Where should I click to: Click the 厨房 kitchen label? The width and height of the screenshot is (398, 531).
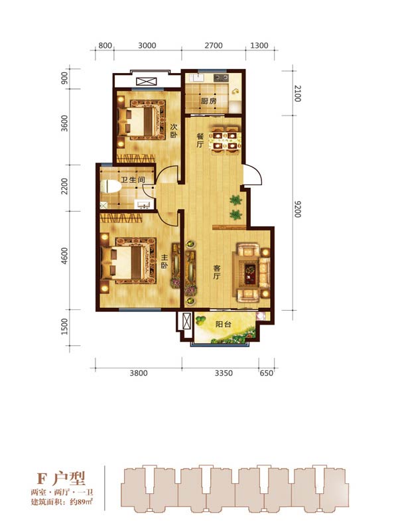pyautogui.click(x=208, y=101)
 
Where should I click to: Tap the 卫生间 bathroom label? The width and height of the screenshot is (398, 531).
pyautogui.click(x=133, y=179)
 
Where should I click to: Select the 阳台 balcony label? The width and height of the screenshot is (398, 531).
pyautogui.click(x=223, y=324)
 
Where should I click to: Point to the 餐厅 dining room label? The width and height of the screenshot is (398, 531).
pyautogui.click(x=200, y=141)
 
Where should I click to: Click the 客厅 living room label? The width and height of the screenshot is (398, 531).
pyautogui.click(x=217, y=272)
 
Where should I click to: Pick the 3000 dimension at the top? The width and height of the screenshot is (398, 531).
pyautogui.click(x=147, y=45)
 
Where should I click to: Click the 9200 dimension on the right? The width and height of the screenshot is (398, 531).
pyautogui.click(x=297, y=209)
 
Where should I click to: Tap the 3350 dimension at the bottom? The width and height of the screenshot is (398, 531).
pyautogui.click(x=224, y=373)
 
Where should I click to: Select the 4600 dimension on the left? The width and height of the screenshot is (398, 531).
pyautogui.click(x=64, y=256)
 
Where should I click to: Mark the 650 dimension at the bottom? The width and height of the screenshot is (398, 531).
pyautogui.click(x=267, y=373)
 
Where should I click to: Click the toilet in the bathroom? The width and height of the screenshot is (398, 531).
pyautogui.click(x=111, y=187)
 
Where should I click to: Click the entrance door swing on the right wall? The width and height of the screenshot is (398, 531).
pyautogui.click(x=253, y=175)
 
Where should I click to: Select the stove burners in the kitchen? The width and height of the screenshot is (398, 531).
pyautogui.click(x=221, y=78)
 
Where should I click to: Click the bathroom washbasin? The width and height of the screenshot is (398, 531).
pyautogui.click(x=145, y=204)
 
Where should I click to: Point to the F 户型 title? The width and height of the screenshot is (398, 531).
pyautogui.click(x=61, y=479)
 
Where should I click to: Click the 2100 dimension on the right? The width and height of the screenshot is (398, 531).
pyautogui.click(x=297, y=94)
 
